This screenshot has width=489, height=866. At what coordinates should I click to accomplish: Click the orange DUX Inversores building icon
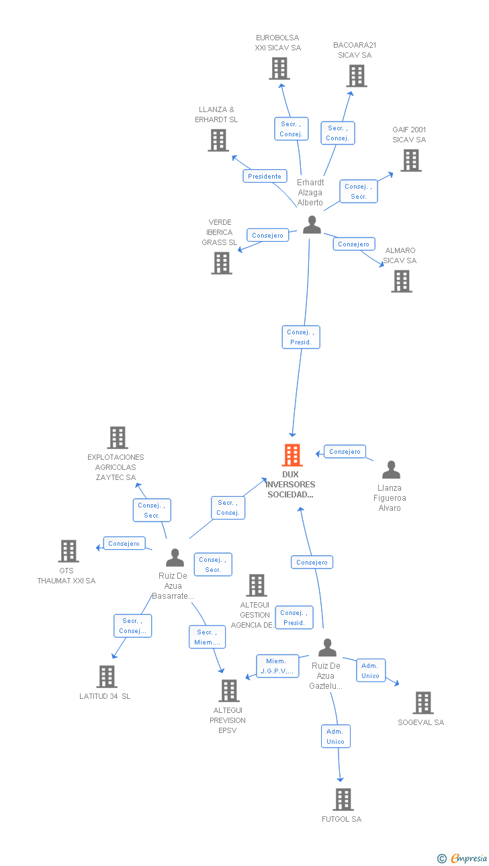pyautogui.click(x=292, y=455)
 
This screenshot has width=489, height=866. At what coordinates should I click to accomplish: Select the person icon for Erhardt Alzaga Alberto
pyautogui.click(x=312, y=225)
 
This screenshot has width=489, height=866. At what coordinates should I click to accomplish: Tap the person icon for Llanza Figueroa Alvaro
pyautogui.click(x=390, y=470)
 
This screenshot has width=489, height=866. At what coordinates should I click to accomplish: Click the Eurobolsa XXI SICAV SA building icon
pyautogui.click(x=279, y=68)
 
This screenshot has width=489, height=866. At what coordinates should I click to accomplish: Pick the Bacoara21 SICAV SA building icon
pyautogui.click(x=357, y=76)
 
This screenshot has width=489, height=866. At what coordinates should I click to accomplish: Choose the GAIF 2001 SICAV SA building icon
pyautogui.click(x=410, y=160)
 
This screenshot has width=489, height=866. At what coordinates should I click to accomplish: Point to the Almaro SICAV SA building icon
pyautogui.click(x=401, y=281)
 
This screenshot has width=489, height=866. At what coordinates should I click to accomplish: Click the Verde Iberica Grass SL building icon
pyautogui.click(x=222, y=263)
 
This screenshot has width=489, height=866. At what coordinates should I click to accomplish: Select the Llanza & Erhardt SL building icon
pyautogui.click(x=218, y=140)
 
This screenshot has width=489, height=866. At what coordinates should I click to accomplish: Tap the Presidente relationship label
pyautogui.click(x=265, y=176)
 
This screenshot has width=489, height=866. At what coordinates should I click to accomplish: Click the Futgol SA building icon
pyautogui.click(x=343, y=800)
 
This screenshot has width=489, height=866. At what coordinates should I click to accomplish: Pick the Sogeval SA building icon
pyautogui.click(x=423, y=703)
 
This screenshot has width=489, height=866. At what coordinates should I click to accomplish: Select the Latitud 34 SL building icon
pyautogui.click(x=106, y=677)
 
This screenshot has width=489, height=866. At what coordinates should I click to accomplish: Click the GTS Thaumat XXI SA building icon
pyautogui.click(x=68, y=551)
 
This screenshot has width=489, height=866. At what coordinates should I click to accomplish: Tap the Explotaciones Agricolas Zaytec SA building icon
pyautogui.click(x=117, y=438)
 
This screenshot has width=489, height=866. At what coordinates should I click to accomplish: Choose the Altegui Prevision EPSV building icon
pyautogui.click(x=229, y=691)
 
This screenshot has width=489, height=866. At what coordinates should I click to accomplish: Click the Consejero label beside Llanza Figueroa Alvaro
pyautogui.click(x=345, y=452)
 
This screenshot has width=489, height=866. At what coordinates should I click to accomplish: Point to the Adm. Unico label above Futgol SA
pyautogui.click(x=335, y=736)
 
